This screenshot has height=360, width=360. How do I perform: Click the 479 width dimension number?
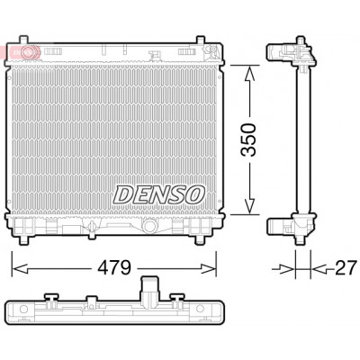pyautogui.click(x=114, y=267)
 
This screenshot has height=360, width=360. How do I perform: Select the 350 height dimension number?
pyautogui.click(x=248, y=139)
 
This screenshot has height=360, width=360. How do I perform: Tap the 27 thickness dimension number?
pyautogui.click(x=346, y=267)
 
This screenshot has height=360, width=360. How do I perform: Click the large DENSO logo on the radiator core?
pyautogui.click(x=159, y=194)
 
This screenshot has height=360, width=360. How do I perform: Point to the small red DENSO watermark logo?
pyautogui.click(x=20, y=52)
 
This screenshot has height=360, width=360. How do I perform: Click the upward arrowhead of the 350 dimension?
pyautogui.click(x=248, y=74)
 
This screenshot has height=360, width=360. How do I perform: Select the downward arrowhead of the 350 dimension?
pyautogui.click(x=249, y=206)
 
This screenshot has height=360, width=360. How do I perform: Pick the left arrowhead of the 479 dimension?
pyautogui.click(x=20, y=268)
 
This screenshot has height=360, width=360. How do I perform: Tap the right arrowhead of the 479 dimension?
pyautogui.click(x=208, y=268)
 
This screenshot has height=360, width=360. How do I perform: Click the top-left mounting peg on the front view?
pyautogui.click(x=23, y=40)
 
